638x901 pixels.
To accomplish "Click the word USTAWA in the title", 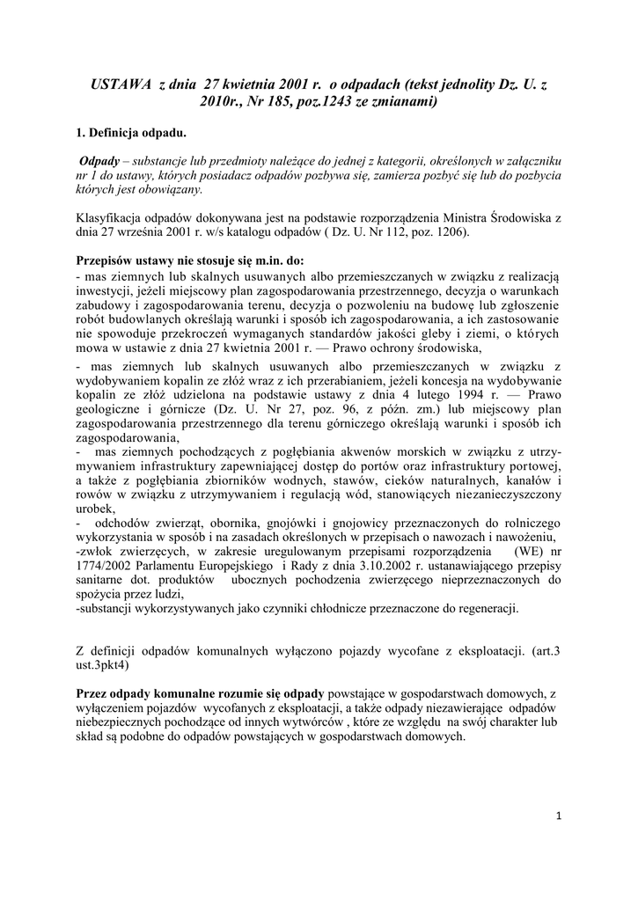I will [121, 84].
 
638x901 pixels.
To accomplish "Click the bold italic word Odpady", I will [99, 162].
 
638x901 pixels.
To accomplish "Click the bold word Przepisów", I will [108, 260].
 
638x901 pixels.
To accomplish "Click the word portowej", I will [532, 465].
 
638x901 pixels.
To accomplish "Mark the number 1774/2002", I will [108, 566].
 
